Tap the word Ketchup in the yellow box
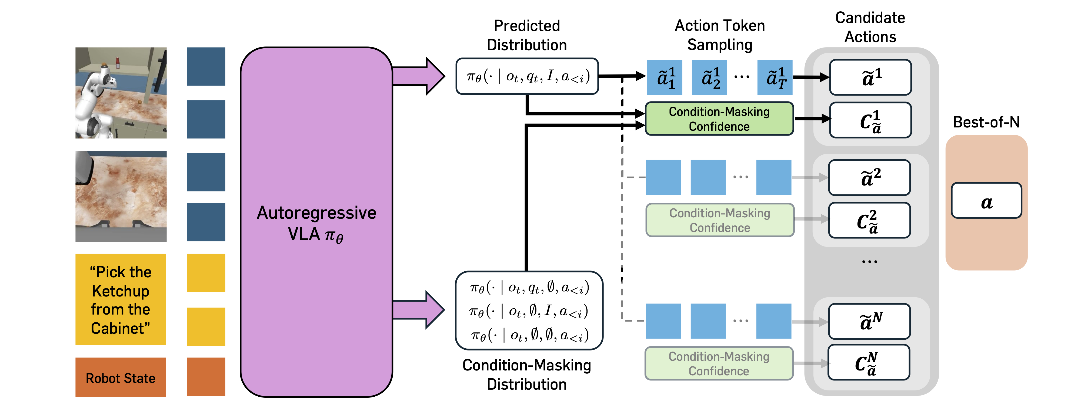pos(121,291)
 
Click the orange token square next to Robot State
pos(206,376)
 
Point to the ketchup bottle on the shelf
pos(118,63)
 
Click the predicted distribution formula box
pos(527,76)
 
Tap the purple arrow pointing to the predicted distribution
pos(418,76)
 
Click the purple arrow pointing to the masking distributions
pos(418,310)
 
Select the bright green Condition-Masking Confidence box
pos(719,119)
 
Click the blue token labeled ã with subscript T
pos(775,77)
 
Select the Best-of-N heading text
pos(986,122)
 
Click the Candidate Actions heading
pos(870,27)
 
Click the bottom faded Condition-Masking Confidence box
pos(719,363)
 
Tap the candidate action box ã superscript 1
pos(870,77)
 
